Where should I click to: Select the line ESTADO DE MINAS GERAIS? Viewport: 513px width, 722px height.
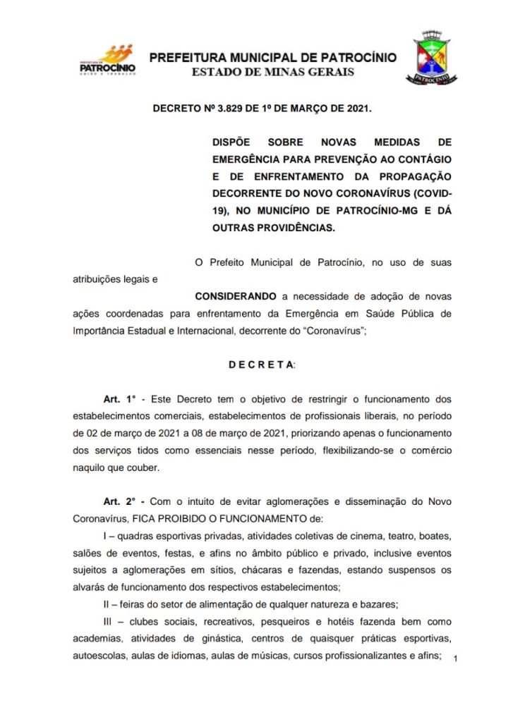click(x=274, y=71)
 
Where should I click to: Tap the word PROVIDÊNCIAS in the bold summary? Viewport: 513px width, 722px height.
click(x=294, y=228)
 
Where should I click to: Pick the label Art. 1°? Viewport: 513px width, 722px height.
click(x=117, y=399)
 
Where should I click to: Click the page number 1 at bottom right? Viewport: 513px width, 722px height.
click(x=457, y=659)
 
